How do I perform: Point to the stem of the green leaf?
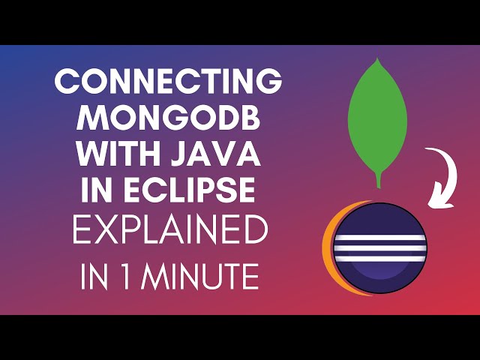(x=379, y=180)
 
